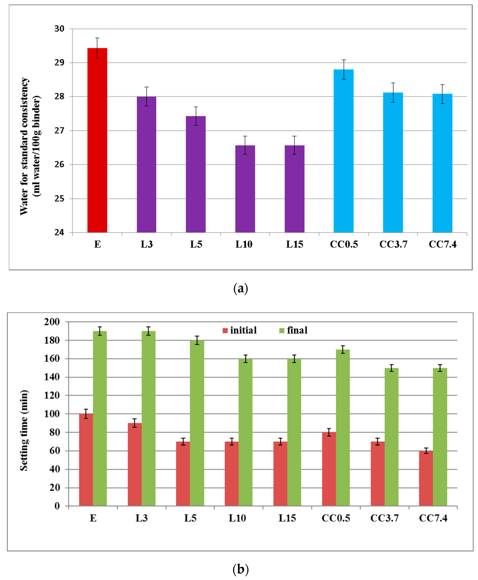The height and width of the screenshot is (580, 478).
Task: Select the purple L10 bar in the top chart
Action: (x=245, y=189)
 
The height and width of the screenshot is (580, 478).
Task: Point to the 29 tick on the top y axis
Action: (x=59, y=63)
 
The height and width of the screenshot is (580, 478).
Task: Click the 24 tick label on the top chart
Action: (x=59, y=232)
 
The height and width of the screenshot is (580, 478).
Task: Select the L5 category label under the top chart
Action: (x=196, y=244)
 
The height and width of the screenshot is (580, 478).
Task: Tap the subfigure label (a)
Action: (x=240, y=289)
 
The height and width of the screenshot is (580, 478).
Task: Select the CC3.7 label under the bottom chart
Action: (x=384, y=518)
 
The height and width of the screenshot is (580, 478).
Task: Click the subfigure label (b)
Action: (x=240, y=569)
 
